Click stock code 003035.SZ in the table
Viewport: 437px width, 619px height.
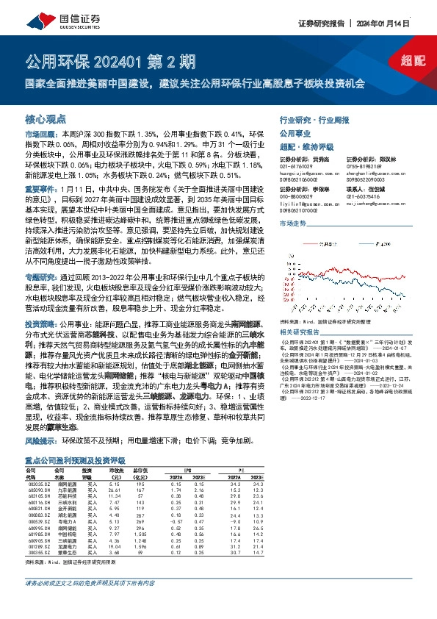point(38,484)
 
